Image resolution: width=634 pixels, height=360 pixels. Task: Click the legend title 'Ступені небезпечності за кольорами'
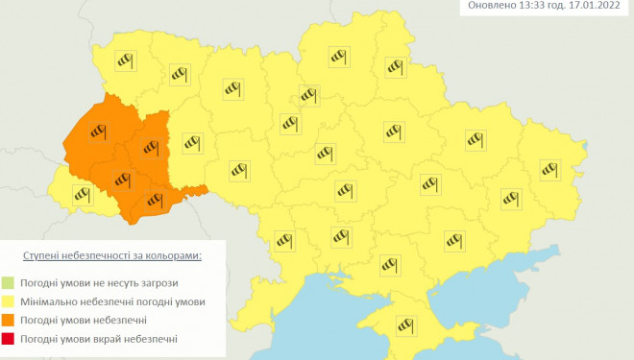click(x=112, y=256)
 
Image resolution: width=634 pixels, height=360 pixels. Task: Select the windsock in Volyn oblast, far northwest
click(x=125, y=62)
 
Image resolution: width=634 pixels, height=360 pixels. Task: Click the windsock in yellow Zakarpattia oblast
click(x=81, y=195)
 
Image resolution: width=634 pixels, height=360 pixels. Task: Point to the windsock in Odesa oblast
click(x=283, y=241)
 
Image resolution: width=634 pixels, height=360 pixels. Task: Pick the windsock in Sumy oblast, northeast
click(x=398, y=66)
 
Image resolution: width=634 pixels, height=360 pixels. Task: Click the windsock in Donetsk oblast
click(x=511, y=198)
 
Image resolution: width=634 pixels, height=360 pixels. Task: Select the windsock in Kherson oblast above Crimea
click(x=389, y=261)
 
